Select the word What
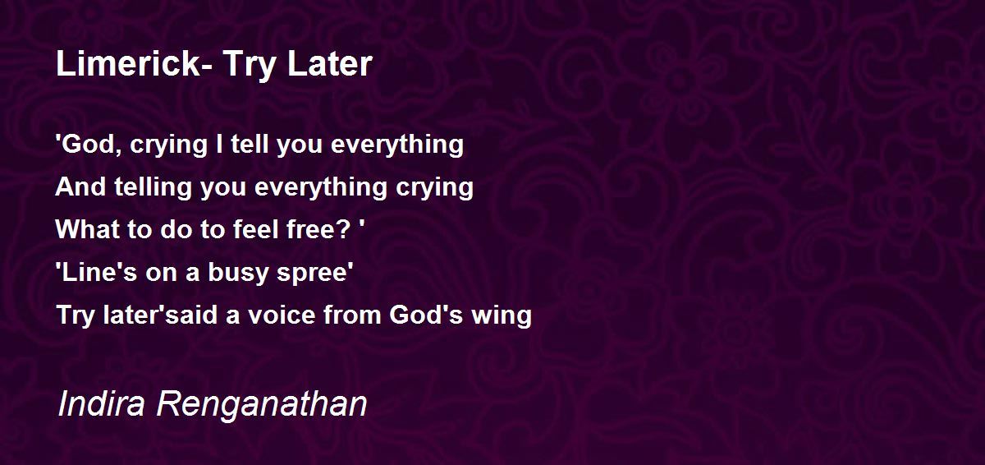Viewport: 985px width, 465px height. pyautogui.click(x=88, y=229)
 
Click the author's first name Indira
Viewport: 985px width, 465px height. pyautogui.click(x=102, y=403)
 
